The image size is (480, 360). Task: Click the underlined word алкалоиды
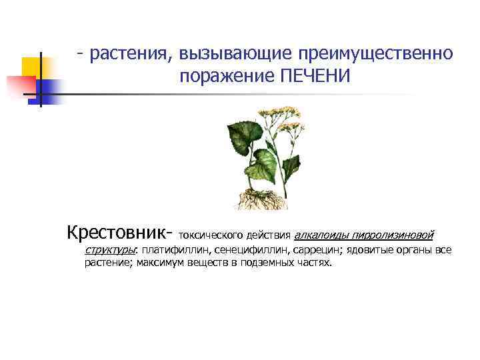[321, 235]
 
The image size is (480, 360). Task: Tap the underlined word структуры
[109, 250]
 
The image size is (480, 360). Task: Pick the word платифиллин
[169, 250]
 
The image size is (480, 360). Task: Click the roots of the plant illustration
[260, 198]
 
